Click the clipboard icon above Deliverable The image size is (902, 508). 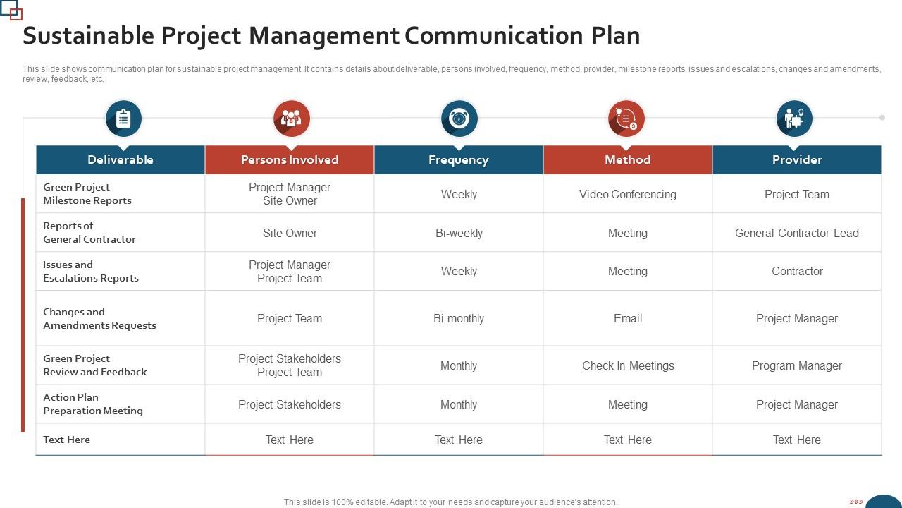(x=123, y=118)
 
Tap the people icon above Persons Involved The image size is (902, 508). (x=291, y=118)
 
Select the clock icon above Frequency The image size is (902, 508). (x=459, y=118)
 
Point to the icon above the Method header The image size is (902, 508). (x=626, y=118)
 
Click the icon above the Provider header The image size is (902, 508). (x=794, y=118)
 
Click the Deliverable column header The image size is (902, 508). (x=121, y=159)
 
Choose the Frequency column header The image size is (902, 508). (x=459, y=159)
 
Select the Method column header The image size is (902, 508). (x=628, y=159)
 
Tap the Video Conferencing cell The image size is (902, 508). (x=628, y=194)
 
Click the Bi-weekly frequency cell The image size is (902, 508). (x=459, y=233)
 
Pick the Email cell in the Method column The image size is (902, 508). (x=628, y=318)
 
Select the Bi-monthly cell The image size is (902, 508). (x=459, y=318)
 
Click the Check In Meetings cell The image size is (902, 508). (x=628, y=365)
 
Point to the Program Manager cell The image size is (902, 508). (x=797, y=365)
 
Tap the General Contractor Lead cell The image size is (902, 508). (x=797, y=233)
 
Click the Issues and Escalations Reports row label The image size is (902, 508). (x=91, y=271)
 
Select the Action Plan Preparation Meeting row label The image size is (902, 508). (x=93, y=404)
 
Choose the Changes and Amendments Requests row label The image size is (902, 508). (x=99, y=318)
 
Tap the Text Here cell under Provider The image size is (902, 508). (x=797, y=440)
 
